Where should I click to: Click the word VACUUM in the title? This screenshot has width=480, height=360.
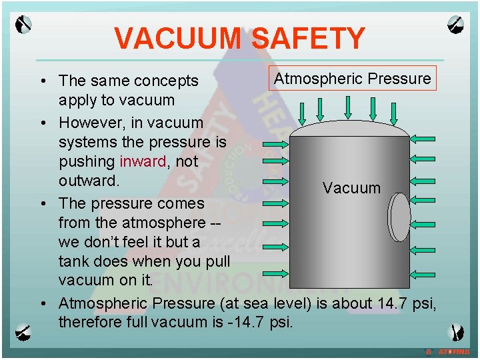click(175, 38)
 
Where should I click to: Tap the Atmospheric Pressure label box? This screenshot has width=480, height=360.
click(353, 79)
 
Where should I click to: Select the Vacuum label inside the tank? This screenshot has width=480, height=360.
click(351, 188)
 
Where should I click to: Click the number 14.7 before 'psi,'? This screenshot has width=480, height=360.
click(394, 303)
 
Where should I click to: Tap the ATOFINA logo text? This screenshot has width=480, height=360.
click(453, 351)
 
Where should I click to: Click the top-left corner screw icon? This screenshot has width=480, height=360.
click(24, 25)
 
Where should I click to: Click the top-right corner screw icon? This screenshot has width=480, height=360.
click(456, 25)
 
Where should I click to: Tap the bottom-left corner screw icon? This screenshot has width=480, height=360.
click(24, 331)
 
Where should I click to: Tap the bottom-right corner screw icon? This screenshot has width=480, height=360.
click(456, 331)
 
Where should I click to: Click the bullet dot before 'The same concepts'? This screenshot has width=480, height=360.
click(43, 81)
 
